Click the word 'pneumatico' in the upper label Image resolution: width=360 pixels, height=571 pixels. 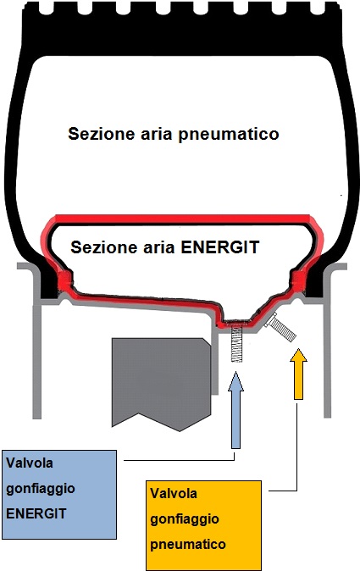(229, 134)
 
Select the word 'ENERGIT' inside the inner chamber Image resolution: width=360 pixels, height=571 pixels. (220, 247)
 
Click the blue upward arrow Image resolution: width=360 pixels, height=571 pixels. (235, 410)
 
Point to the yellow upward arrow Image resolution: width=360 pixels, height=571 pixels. (298, 374)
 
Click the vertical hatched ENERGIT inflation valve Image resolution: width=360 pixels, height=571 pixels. (236, 343)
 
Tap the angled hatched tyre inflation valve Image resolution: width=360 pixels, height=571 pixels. (282, 327)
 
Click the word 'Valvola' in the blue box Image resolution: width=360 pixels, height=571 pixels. (30, 463)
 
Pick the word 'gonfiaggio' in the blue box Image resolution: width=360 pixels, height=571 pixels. (41, 489)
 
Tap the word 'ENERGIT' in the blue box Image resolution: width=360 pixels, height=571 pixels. (36, 513)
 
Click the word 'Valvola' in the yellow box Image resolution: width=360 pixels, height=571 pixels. (174, 493)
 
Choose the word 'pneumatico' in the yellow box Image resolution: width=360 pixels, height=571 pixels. (188, 545)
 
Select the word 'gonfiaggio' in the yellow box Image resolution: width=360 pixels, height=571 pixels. (185, 519)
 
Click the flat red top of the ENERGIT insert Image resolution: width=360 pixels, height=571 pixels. (182, 219)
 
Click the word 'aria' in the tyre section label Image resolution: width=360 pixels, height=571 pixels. (157, 134)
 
